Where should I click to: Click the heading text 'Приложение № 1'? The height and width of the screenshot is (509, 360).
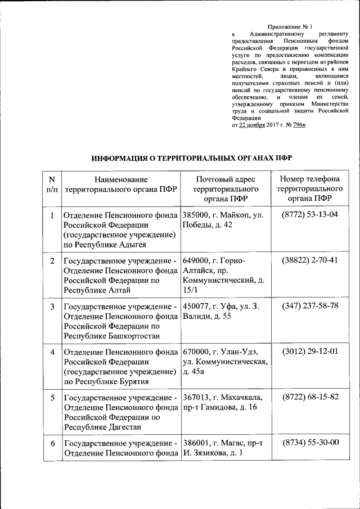(x=289, y=26)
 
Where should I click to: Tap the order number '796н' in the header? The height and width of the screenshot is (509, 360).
(x=296, y=125)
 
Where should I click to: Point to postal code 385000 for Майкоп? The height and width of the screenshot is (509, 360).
(x=196, y=215)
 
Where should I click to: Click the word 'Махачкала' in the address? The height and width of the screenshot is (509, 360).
(x=241, y=397)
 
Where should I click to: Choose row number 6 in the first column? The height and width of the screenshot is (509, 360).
(x=52, y=443)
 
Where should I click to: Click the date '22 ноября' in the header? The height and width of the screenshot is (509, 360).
(x=254, y=125)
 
